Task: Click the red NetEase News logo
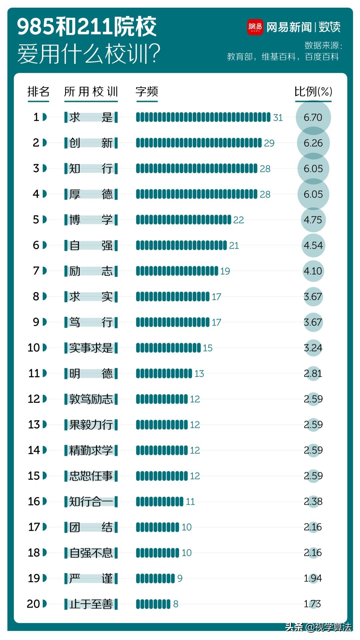[x=255, y=27]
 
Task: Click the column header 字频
[x=147, y=92]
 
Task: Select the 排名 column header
[x=38, y=92]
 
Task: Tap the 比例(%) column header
[x=313, y=92]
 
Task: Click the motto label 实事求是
[x=91, y=348]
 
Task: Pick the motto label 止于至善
[x=91, y=604]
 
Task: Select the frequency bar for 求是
[x=203, y=117]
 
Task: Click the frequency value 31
[x=278, y=118]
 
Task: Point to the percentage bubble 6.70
[x=313, y=117]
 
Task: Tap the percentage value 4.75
[x=313, y=220]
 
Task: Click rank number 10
[x=34, y=348]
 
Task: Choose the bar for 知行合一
[x=160, y=501]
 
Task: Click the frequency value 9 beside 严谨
[x=180, y=578]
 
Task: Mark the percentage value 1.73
[x=312, y=604]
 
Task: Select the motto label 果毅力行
[x=91, y=425]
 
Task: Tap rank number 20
[x=33, y=604]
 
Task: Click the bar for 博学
[x=183, y=220]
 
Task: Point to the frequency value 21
[x=234, y=246]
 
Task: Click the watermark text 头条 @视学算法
[x=318, y=627]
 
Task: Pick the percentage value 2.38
[x=313, y=501]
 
